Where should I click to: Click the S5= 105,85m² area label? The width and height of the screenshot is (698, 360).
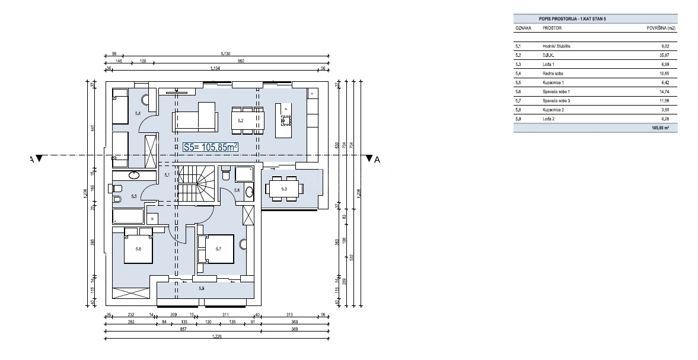click(211, 146)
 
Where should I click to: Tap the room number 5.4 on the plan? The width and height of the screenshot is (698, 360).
click(138, 113)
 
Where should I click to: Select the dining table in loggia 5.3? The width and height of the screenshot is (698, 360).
click(283, 189)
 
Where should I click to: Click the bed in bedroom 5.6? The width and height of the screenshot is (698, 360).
click(138, 248)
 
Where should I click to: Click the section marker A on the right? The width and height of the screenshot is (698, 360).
click(372, 159)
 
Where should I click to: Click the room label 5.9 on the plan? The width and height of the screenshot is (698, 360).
click(201, 288)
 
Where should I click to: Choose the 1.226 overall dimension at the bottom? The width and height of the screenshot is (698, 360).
click(217, 337)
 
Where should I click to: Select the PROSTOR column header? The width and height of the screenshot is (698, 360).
click(552, 28)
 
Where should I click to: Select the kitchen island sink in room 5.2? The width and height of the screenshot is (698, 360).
click(286, 120)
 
